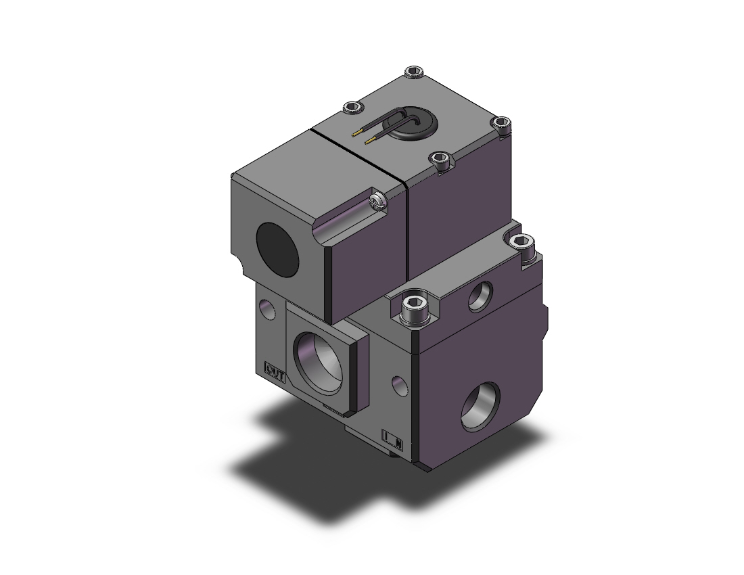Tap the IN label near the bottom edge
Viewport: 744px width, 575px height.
click(394, 437)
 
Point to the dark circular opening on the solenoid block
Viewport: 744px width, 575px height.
click(272, 243)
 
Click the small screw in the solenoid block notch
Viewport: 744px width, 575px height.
click(376, 201)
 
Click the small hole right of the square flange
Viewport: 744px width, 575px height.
click(400, 382)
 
